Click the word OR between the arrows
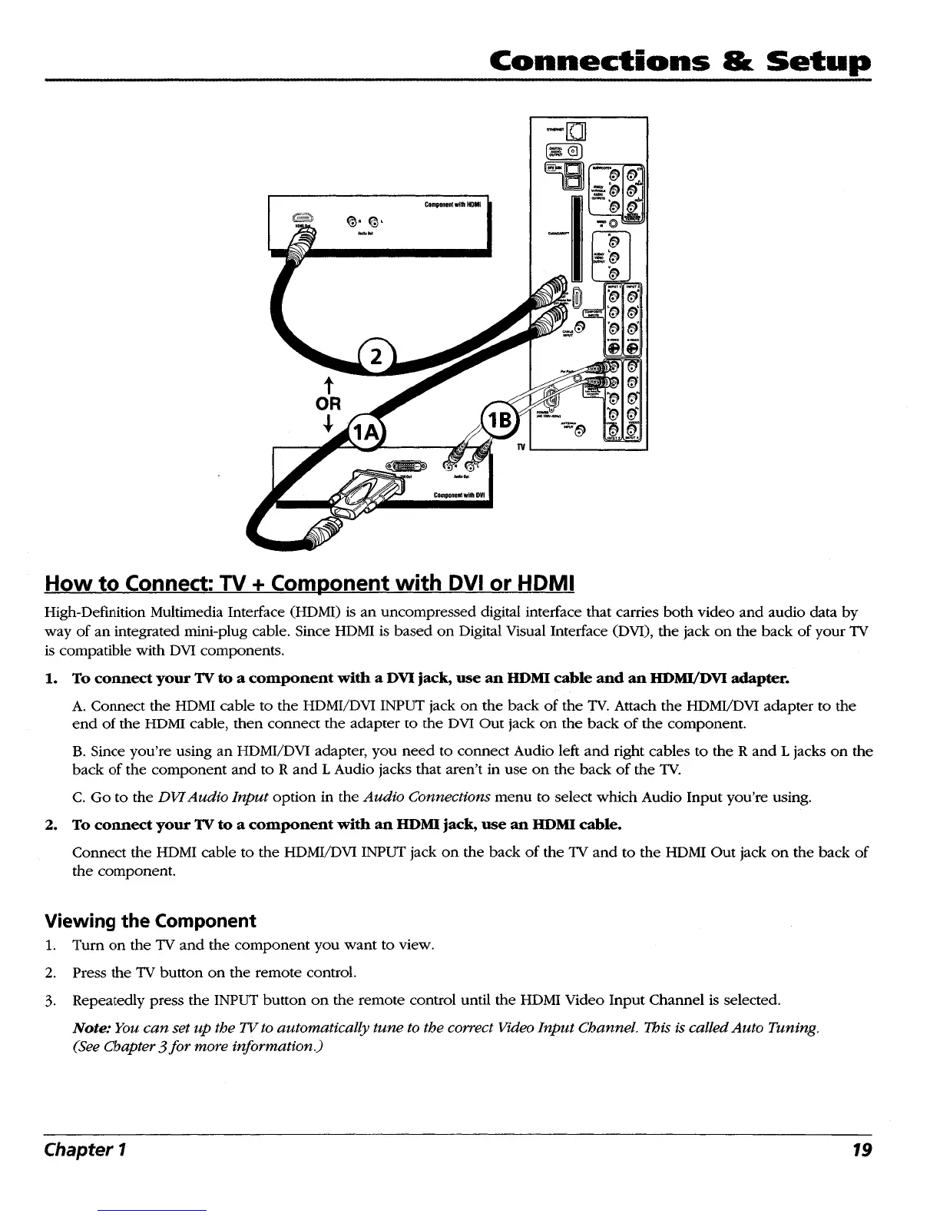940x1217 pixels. pyautogui.click(x=329, y=403)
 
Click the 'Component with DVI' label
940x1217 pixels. pyautogui.click(x=458, y=495)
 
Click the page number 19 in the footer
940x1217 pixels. pyautogui.click(x=862, y=1150)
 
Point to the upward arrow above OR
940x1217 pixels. pyautogui.click(x=329, y=383)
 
